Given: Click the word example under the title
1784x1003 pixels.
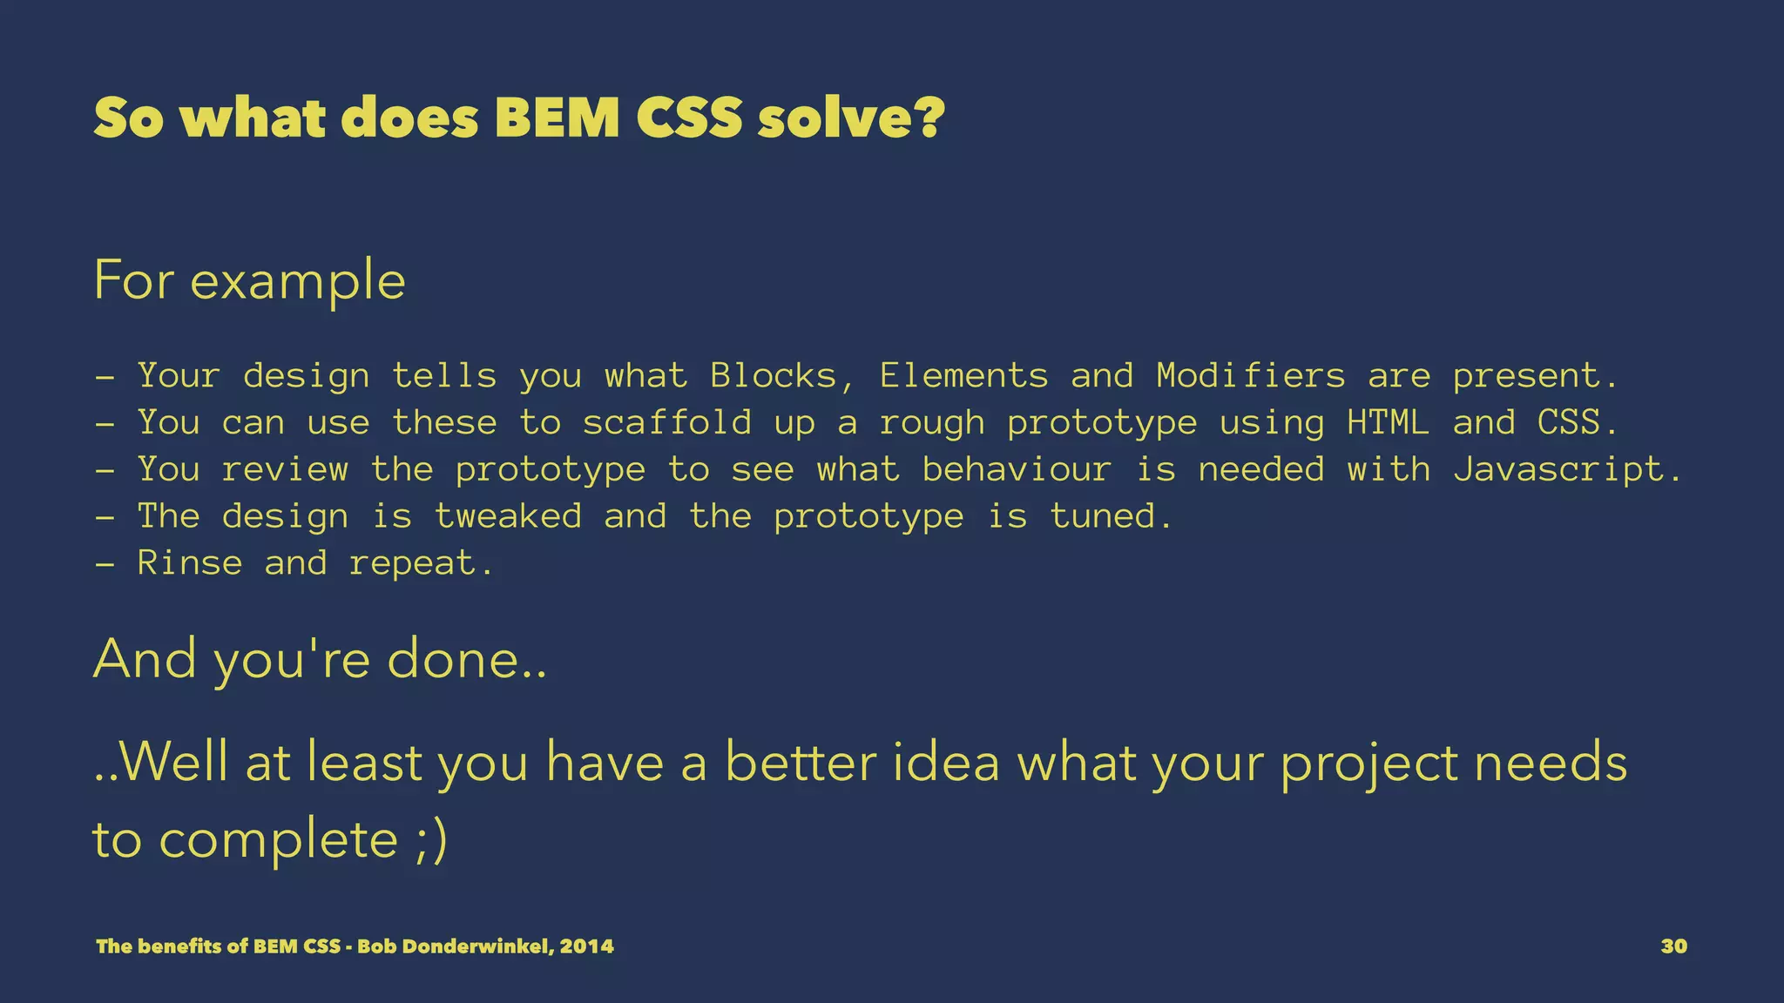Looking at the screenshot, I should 298,282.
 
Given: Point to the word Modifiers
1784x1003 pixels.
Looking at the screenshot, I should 1251,376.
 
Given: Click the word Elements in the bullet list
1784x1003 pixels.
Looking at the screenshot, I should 963,376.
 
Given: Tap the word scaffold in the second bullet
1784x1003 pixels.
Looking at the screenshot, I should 667,423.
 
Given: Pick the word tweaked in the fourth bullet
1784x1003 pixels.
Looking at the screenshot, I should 508,517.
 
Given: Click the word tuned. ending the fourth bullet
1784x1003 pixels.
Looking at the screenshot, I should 1112,517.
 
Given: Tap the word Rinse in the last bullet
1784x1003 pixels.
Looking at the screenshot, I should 190,564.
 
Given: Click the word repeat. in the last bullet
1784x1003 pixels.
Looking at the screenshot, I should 422,564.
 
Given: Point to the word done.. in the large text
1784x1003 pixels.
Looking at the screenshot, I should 467,659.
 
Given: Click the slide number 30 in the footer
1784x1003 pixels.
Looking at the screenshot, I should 1673,946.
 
